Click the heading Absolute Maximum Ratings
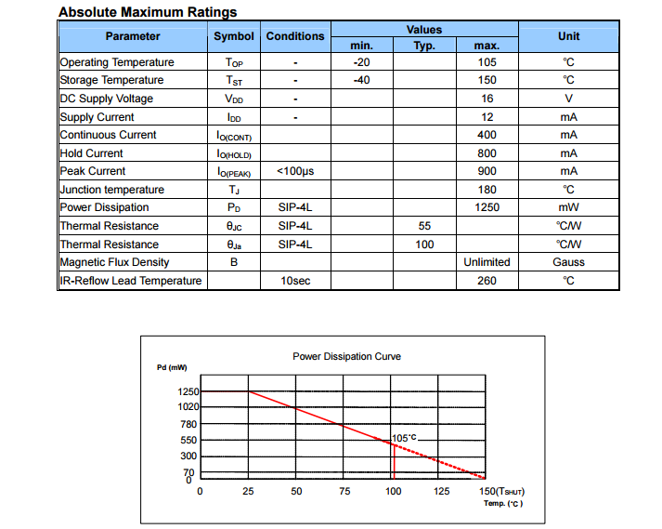(x=148, y=12)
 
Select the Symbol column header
(x=233, y=36)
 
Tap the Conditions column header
(x=295, y=36)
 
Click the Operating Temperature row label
(x=117, y=62)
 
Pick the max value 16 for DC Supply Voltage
(x=487, y=99)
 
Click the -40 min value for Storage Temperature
(x=361, y=80)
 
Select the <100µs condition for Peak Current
(x=295, y=171)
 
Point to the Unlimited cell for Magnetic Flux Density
(x=487, y=262)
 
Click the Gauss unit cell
(x=568, y=262)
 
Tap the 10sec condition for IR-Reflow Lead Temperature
(x=295, y=281)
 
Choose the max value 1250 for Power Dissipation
(x=487, y=207)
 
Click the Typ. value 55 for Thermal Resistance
(x=424, y=226)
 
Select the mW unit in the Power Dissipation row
(x=568, y=207)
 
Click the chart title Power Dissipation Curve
(x=346, y=356)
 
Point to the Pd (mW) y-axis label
(x=172, y=368)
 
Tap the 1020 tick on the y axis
(x=188, y=407)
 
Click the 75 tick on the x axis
(x=344, y=491)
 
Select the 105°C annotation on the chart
(x=405, y=437)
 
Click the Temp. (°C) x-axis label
(x=503, y=504)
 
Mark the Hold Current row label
(x=91, y=153)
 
